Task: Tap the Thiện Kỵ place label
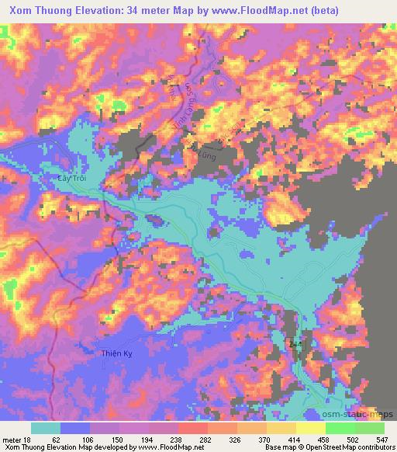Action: pyautogui.click(x=119, y=353)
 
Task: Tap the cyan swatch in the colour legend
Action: pyautogui.click(x=46, y=428)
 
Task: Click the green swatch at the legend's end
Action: pyautogui.click(x=369, y=428)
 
